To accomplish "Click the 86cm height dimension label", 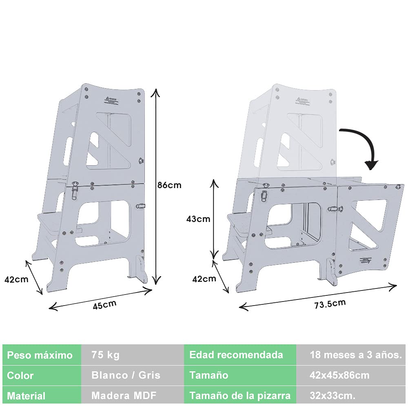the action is click(x=169, y=185).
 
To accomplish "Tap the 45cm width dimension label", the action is click(x=104, y=305).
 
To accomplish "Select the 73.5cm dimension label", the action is click(x=330, y=304).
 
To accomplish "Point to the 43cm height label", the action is click(x=198, y=219).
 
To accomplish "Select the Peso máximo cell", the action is click(x=42, y=355).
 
